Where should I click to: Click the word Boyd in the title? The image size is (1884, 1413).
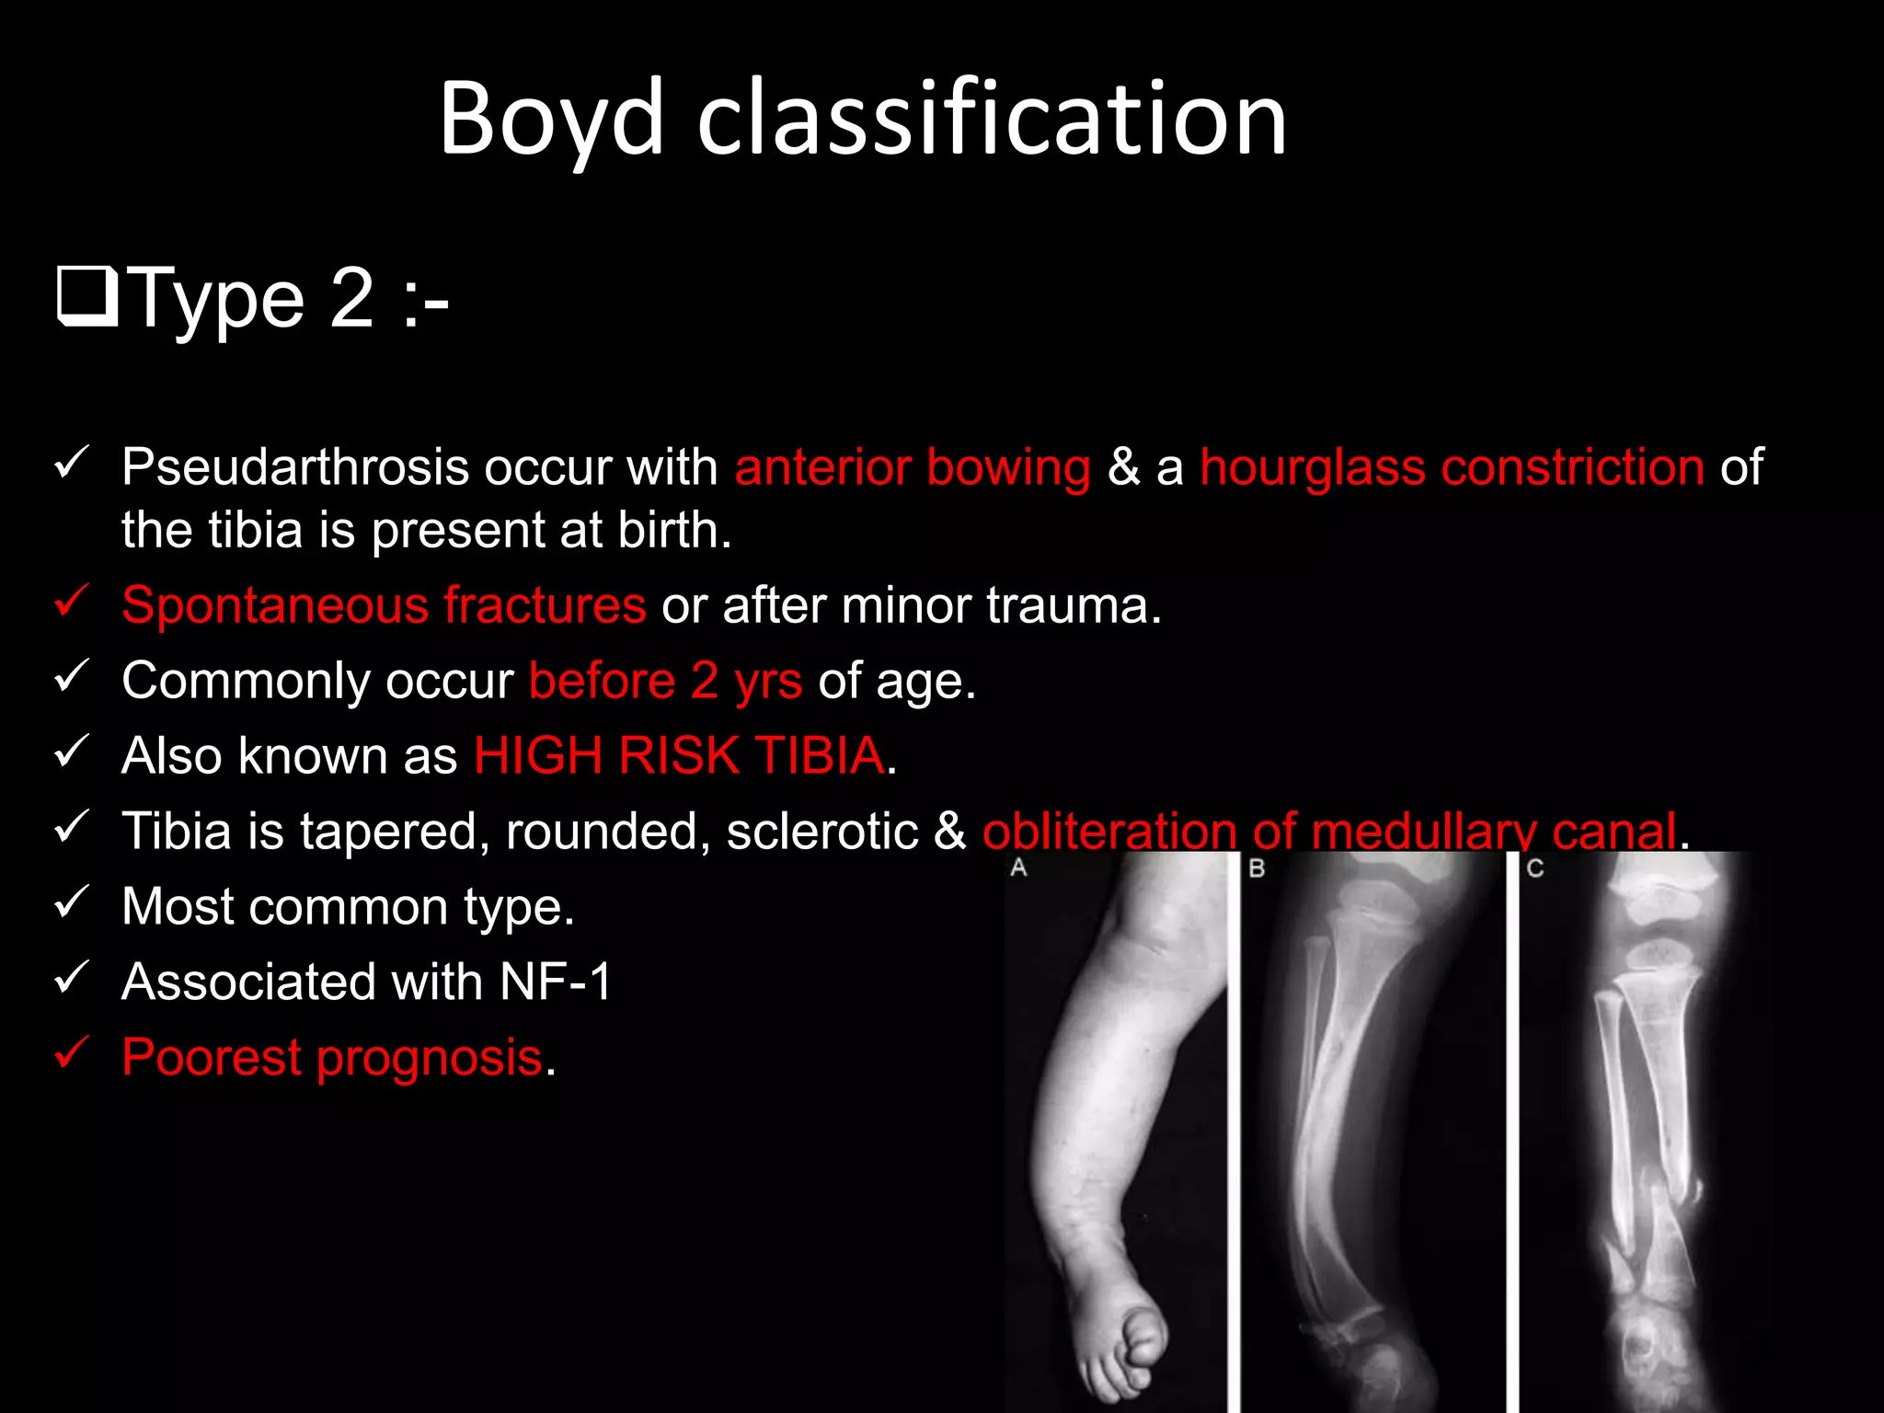pyautogui.click(x=550, y=120)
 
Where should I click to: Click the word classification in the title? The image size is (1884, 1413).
pyautogui.click(x=992, y=120)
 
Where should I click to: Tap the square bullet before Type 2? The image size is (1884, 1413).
pyautogui.click(x=87, y=296)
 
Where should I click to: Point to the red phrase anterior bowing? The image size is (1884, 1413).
pyautogui.click(x=912, y=467)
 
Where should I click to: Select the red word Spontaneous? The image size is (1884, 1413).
pyautogui.click(x=275, y=606)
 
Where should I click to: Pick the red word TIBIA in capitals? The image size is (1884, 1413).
pyautogui.click(x=820, y=756)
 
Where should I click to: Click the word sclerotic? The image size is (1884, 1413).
pyautogui.click(x=821, y=832)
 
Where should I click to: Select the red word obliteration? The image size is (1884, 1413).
pyautogui.click(x=1109, y=832)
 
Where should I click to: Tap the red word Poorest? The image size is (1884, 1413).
pyautogui.click(x=212, y=1057)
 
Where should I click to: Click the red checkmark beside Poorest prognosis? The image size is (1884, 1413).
pyautogui.click(x=72, y=1052)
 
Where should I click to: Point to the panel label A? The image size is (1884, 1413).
pyautogui.click(x=1018, y=867)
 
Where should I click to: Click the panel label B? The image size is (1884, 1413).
pyautogui.click(x=1257, y=867)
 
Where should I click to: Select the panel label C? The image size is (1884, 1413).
pyautogui.click(x=1534, y=867)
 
